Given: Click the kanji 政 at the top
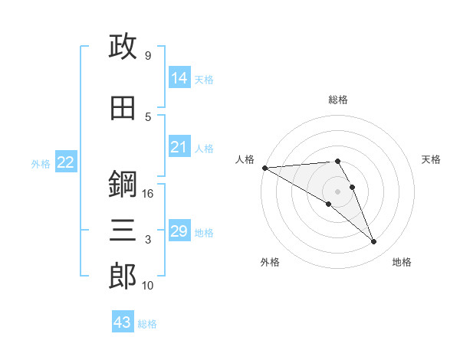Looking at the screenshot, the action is (x=123, y=46).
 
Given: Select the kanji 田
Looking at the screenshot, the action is (x=123, y=108).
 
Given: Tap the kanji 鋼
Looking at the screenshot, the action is (x=123, y=184).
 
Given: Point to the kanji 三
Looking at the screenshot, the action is (x=123, y=230).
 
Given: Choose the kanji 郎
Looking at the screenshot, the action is (x=123, y=277).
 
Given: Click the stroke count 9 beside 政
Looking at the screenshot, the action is (x=148, y=55).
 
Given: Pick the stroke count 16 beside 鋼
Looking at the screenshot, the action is (x=147, y=194).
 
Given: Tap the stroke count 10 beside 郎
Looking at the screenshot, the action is (x=147, y=286).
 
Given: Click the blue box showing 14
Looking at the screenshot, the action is (x=180, y=77).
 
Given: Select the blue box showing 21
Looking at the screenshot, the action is (x=180, y=146).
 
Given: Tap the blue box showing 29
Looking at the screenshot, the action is (x=180, y=230).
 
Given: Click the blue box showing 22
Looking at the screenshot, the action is (x=66, y=162).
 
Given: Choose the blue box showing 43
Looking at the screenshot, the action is (x=123, y=321).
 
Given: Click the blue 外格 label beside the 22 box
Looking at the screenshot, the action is (x=41, y=164).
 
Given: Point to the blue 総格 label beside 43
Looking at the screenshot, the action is (x=147, y=324).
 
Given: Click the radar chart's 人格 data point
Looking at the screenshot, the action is (x=265, y=168).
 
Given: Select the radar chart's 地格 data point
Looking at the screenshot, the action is (x=374, y=241).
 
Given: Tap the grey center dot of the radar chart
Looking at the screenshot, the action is (x=337, y=191).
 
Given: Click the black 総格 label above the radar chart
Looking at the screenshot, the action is (x=338, y=100).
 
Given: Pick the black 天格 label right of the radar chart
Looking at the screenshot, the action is (x=431, y=159).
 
